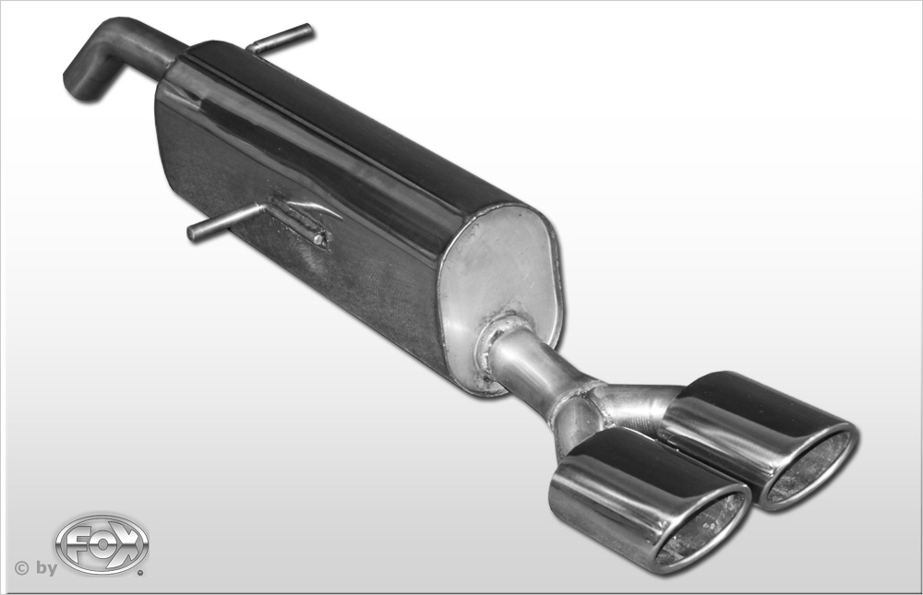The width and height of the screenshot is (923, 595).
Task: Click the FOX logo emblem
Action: [x=102, y=544]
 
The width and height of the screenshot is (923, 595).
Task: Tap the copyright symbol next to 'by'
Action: [x=21, y=568]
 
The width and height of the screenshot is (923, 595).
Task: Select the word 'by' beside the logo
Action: [x=46, y=568]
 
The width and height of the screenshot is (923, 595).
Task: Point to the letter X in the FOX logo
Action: [x=127, y=544]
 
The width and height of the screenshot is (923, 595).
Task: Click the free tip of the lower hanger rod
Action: [x=192, y=232]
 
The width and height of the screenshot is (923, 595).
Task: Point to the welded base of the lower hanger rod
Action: [x=300, y=222]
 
